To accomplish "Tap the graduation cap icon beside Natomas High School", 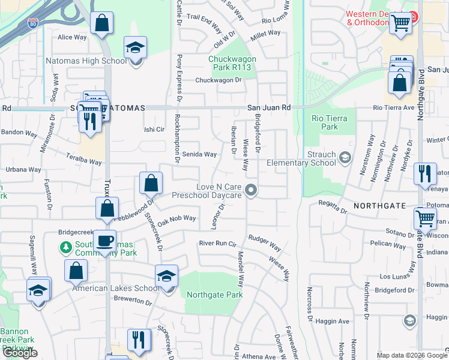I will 136,48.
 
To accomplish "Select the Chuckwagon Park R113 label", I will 232,64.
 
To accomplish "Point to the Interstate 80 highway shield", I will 34,23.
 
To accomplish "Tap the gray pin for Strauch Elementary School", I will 345,157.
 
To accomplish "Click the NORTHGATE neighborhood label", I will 376,205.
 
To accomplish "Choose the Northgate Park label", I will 214,295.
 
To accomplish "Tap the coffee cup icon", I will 105,241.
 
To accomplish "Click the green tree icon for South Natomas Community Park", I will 65,247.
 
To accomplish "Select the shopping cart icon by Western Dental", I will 400,23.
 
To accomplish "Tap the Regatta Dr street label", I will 333,207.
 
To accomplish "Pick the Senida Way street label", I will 200,154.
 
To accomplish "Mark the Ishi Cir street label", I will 154,129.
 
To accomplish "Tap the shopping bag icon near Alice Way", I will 102,23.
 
